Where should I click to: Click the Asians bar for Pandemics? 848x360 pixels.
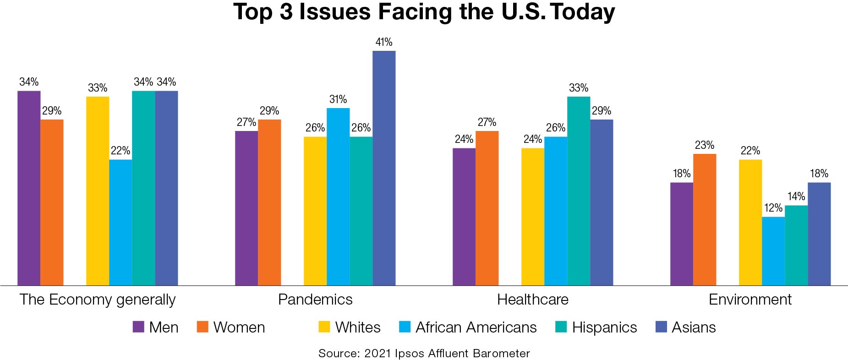[384, 168]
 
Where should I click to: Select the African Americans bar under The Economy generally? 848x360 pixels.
[120, 223]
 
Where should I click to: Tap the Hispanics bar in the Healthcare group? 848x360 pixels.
[579, 191]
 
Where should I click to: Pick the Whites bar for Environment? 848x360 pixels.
[750, 223]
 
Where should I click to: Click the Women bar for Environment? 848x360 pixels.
[705, 220]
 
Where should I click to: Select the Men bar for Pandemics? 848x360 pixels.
[246, 208]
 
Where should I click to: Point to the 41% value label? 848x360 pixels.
[384, 42]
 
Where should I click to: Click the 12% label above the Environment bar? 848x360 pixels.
[773, 208]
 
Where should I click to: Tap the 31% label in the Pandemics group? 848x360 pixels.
[338, 99]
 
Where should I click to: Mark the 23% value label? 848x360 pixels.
[705, 145]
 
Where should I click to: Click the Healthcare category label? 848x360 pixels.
[533, 300]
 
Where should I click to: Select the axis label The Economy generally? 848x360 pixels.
[98, 300]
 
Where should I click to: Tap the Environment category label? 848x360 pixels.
[750, 300]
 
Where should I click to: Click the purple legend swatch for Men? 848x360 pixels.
[138, 327]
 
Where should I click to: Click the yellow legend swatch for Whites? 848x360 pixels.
[324, 327]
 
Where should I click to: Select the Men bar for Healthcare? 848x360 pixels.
[464, 217]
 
